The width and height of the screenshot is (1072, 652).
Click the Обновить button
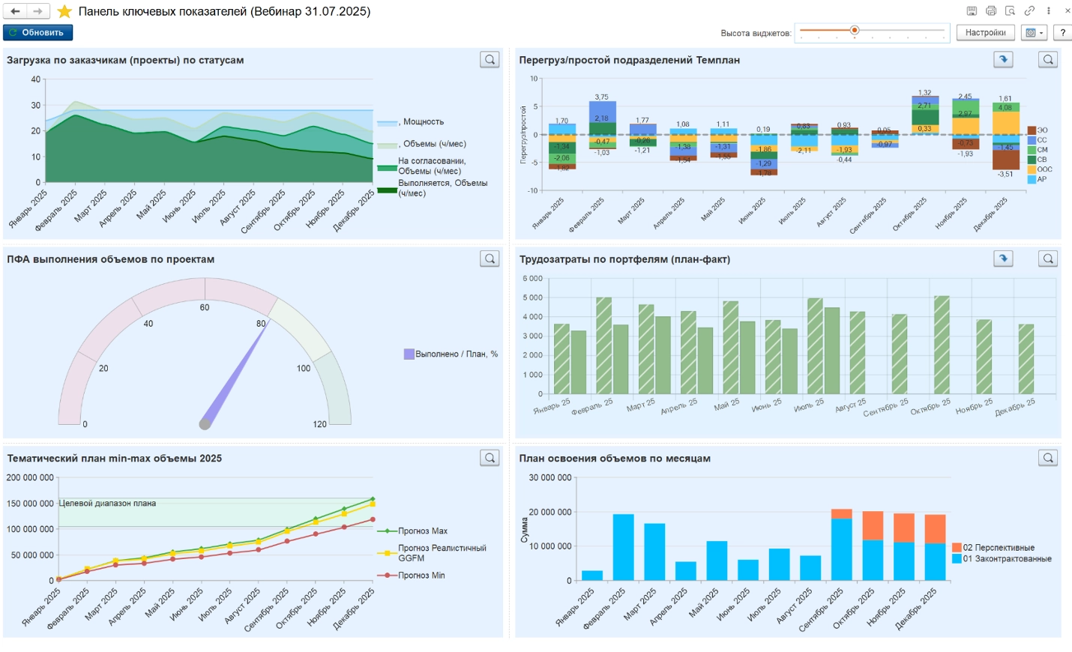37,32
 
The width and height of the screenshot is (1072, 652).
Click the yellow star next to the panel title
65,11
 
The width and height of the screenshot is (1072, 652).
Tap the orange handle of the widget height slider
854,31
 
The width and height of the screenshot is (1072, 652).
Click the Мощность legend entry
423,122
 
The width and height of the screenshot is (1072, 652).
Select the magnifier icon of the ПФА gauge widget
490,259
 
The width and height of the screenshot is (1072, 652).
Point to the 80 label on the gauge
261,324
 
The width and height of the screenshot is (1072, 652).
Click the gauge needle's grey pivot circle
205,424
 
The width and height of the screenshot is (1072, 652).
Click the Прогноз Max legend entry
422,531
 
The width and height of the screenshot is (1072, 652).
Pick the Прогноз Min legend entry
421,576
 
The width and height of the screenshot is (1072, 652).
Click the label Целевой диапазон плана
107,504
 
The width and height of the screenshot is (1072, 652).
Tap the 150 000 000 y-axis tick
30,504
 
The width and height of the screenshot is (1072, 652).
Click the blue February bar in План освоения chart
623,547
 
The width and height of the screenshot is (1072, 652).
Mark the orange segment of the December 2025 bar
935,529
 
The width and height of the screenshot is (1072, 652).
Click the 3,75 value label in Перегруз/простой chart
601,97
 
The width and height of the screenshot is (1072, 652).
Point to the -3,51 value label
1005,174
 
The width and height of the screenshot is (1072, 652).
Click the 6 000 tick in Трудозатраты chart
532,279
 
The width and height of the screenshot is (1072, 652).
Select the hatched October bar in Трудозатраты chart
942,345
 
